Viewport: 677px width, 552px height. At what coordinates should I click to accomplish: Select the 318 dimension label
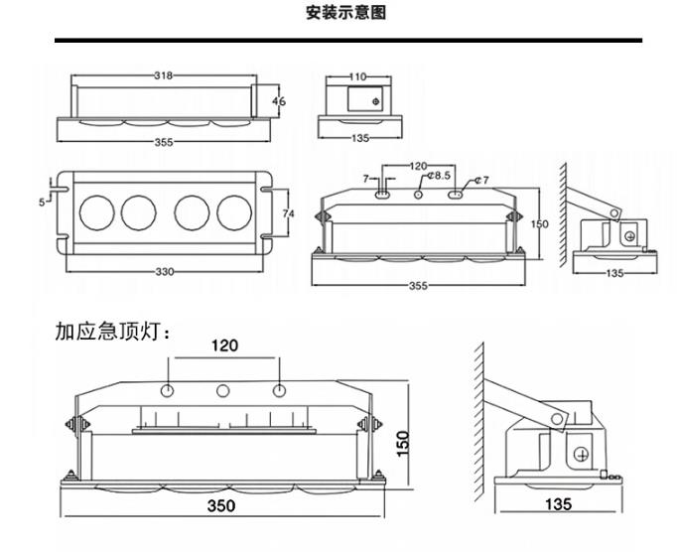[x=166, y=76]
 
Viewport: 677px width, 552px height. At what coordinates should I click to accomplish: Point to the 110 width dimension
[x=358, y=76]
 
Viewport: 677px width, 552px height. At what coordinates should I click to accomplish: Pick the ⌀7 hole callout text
[x=481, y=179]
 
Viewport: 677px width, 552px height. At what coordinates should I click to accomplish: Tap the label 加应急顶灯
[x=112, y=332]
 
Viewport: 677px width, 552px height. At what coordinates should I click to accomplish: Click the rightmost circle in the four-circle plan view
[x=235, y=210]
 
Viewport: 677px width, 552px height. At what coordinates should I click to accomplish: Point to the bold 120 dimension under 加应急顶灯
[x=224, y=346]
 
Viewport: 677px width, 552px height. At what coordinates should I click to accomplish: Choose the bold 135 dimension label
[x=559, y=505]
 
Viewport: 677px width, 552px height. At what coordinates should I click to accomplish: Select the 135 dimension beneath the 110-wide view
[x=359, y=138]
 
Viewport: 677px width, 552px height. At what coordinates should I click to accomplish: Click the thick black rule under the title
[x=346, y=41]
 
